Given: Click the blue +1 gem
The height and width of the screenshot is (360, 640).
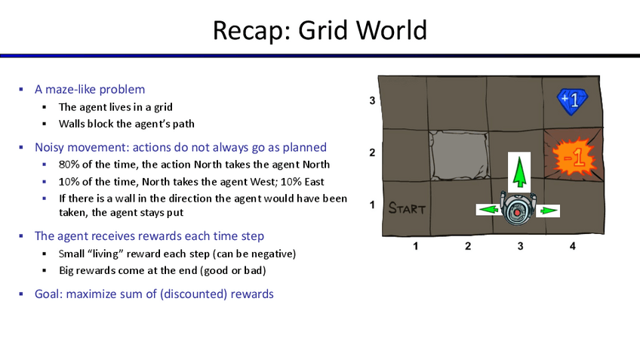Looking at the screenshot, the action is [x=572, y=101].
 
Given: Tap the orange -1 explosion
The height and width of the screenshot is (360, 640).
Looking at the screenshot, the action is [x=574, y=158].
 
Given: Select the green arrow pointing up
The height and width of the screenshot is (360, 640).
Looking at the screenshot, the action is [x=519, y=172].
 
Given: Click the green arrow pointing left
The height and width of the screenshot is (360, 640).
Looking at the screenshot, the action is [x=488, y=210].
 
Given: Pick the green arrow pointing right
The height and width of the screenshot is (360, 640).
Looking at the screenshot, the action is [x=548, y=211].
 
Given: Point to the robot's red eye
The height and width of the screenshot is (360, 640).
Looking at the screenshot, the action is [x=517, y=213].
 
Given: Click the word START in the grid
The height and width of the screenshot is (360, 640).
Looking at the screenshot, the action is [x=407, y=208].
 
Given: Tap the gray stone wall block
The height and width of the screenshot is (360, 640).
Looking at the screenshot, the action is [x=459, y=155].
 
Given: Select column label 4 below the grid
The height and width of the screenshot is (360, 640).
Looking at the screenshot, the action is [x=573, y=246].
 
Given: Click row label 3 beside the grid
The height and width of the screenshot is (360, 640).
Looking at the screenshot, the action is [x=372, y=100].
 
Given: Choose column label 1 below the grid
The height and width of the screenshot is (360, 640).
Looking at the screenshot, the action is [x=416, y=246].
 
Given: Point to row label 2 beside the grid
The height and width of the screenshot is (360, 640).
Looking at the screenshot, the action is [x=372, y=152].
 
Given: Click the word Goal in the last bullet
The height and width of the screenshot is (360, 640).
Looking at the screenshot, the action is [x=48, y=294].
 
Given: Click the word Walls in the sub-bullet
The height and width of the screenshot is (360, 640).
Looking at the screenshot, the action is [x=72, y=124].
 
